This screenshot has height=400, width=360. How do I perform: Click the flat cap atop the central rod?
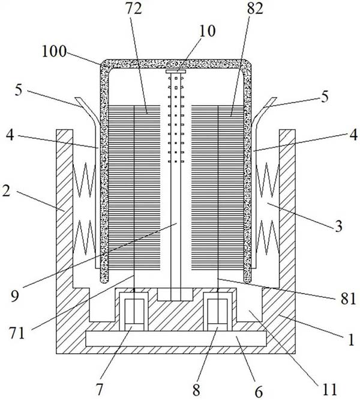coord(176,70)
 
